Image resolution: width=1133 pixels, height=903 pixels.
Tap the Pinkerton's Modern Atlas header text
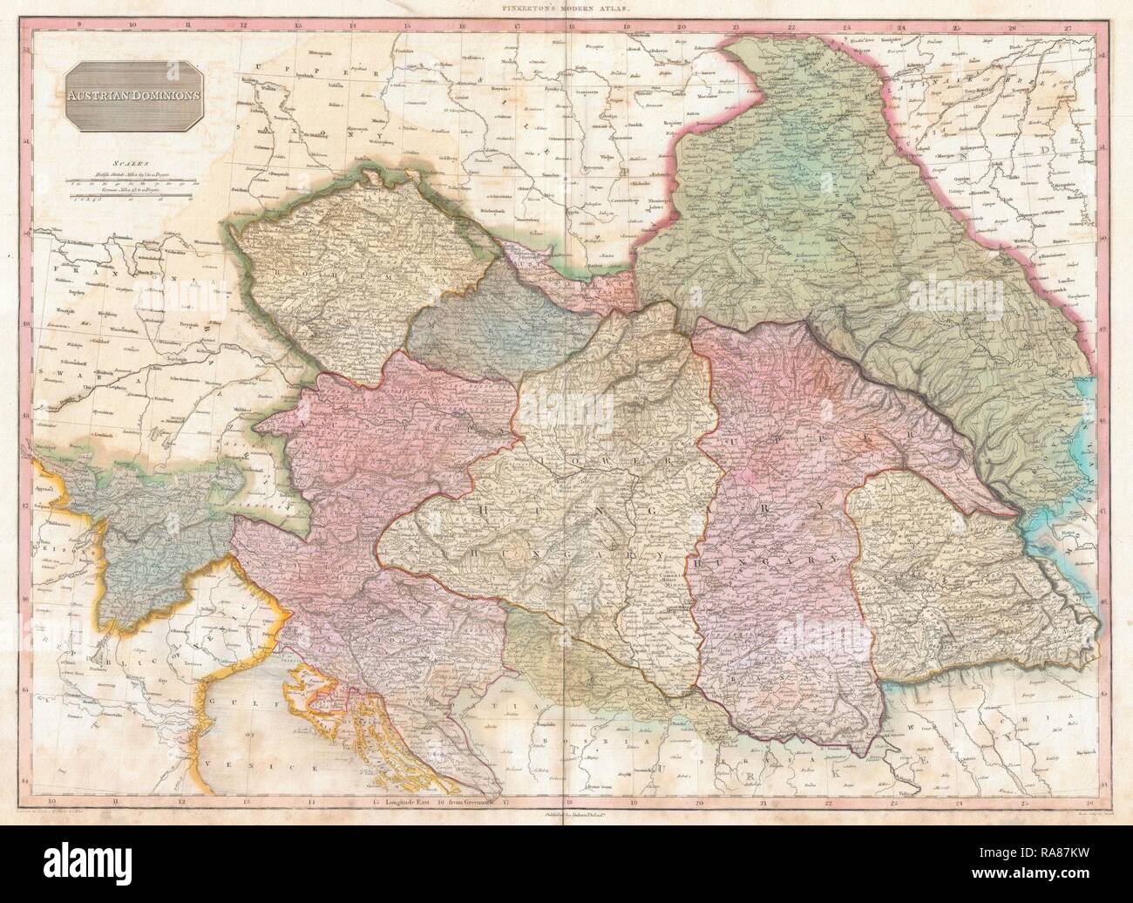coord(566,7)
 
